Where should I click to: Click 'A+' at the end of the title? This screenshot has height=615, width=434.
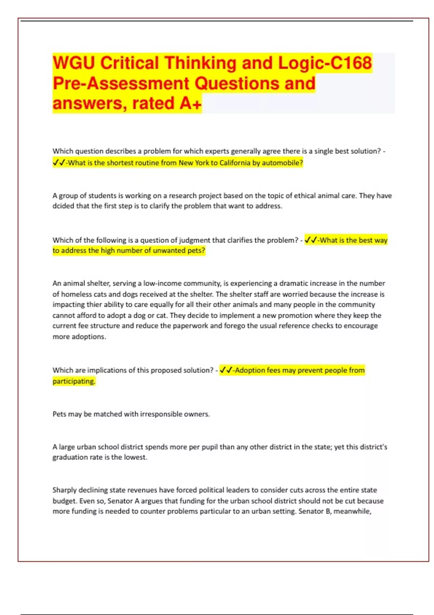click(x=190, y=103)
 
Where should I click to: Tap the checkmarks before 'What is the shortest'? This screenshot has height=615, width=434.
click(x=59, y=163)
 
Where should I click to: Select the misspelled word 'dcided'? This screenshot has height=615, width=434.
click(x=63, y=206)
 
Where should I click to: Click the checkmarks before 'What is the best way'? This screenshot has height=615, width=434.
click(x=311, y=240)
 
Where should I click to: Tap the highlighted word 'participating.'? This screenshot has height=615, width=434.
click(x=74, y=381)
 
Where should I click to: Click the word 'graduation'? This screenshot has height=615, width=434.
click(x=70, y=457)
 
